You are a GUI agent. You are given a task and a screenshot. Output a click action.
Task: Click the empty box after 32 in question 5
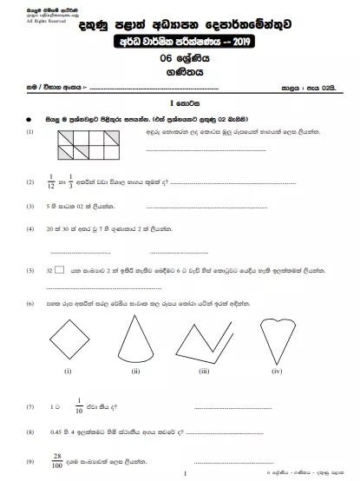tap(59, 270)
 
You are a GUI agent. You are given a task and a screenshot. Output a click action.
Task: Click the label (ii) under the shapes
tap(135, 371)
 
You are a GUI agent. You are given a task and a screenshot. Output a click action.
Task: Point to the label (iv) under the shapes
tap(276, 371)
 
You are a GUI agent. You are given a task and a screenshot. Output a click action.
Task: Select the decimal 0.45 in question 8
tap(58, 431)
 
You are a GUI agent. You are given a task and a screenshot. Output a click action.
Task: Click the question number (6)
tap(30, 303)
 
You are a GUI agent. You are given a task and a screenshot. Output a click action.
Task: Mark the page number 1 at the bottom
tap(186, 472)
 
